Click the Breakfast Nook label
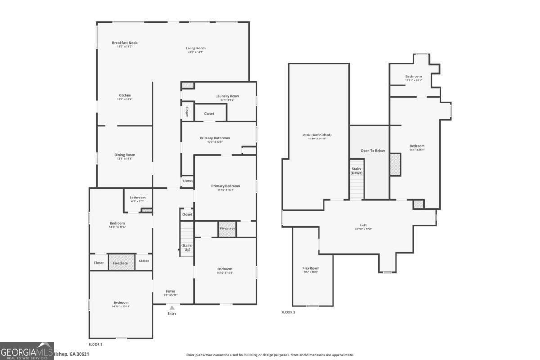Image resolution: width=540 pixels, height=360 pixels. click(125, 43)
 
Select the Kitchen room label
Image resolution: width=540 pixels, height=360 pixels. click(125, 95)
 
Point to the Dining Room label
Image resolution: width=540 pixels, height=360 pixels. click(125, 155)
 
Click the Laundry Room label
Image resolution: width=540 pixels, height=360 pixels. click(227, 96)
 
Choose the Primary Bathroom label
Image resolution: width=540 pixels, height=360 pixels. click(215, 138)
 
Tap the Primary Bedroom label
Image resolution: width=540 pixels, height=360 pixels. click(225, 186)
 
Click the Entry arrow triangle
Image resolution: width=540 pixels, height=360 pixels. click(172, 308)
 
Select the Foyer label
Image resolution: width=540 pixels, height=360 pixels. click(171, 292)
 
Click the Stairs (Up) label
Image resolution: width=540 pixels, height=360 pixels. click(187, 247)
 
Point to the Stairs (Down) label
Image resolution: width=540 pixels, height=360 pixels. click(356, 171)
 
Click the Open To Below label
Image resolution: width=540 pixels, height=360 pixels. click(373, 151)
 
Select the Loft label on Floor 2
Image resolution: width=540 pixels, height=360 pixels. click(363, 225)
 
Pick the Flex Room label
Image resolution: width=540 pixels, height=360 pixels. click(310, 269)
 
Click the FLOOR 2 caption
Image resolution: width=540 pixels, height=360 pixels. click(288, 312)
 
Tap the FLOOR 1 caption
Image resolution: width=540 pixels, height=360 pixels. click(95, 344)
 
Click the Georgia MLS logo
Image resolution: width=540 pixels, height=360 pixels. click(27, 351)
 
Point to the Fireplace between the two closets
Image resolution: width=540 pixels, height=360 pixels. click(120, 263)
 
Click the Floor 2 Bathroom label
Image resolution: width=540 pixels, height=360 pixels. click(414, 77)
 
